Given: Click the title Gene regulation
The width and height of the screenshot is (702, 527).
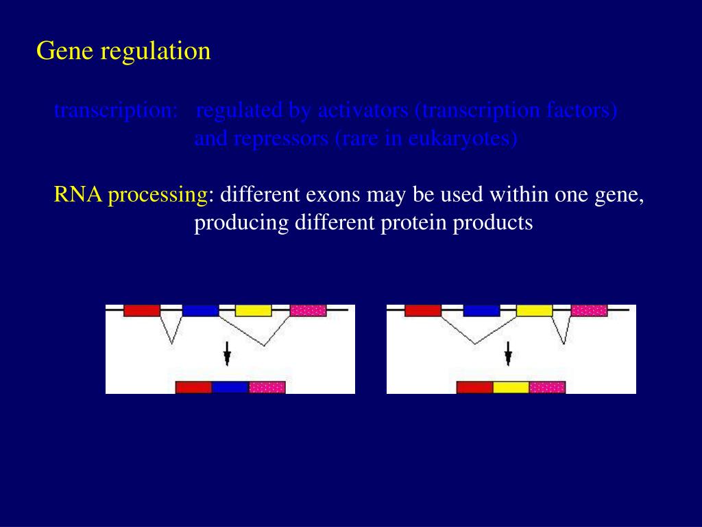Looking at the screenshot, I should (123, 51).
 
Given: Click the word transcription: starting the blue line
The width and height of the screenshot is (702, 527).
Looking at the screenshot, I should (116, 110).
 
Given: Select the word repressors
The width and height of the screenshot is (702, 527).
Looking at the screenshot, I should (282, 139).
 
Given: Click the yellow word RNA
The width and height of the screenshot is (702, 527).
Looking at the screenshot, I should (78, 195).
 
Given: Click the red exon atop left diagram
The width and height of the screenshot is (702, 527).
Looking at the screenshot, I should (142, 310).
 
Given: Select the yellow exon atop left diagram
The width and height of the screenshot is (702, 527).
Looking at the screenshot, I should (253, 310).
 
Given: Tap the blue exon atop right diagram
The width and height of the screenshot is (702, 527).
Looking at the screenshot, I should (481, 310).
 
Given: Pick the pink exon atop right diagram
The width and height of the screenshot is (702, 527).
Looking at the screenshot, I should (589, 310).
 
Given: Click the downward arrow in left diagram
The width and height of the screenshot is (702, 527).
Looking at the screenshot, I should (227, 355).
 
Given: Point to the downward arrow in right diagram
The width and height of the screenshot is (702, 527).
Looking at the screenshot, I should (508, 355).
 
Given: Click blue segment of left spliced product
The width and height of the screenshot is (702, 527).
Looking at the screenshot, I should (230, 387).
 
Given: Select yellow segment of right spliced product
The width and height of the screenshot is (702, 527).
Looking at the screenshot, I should (511, 387).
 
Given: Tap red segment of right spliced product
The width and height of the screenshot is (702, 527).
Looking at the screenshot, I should (475, 387).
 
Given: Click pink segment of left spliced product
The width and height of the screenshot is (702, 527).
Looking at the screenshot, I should (267, 387).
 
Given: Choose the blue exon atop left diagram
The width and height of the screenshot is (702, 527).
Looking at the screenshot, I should (200, 310).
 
